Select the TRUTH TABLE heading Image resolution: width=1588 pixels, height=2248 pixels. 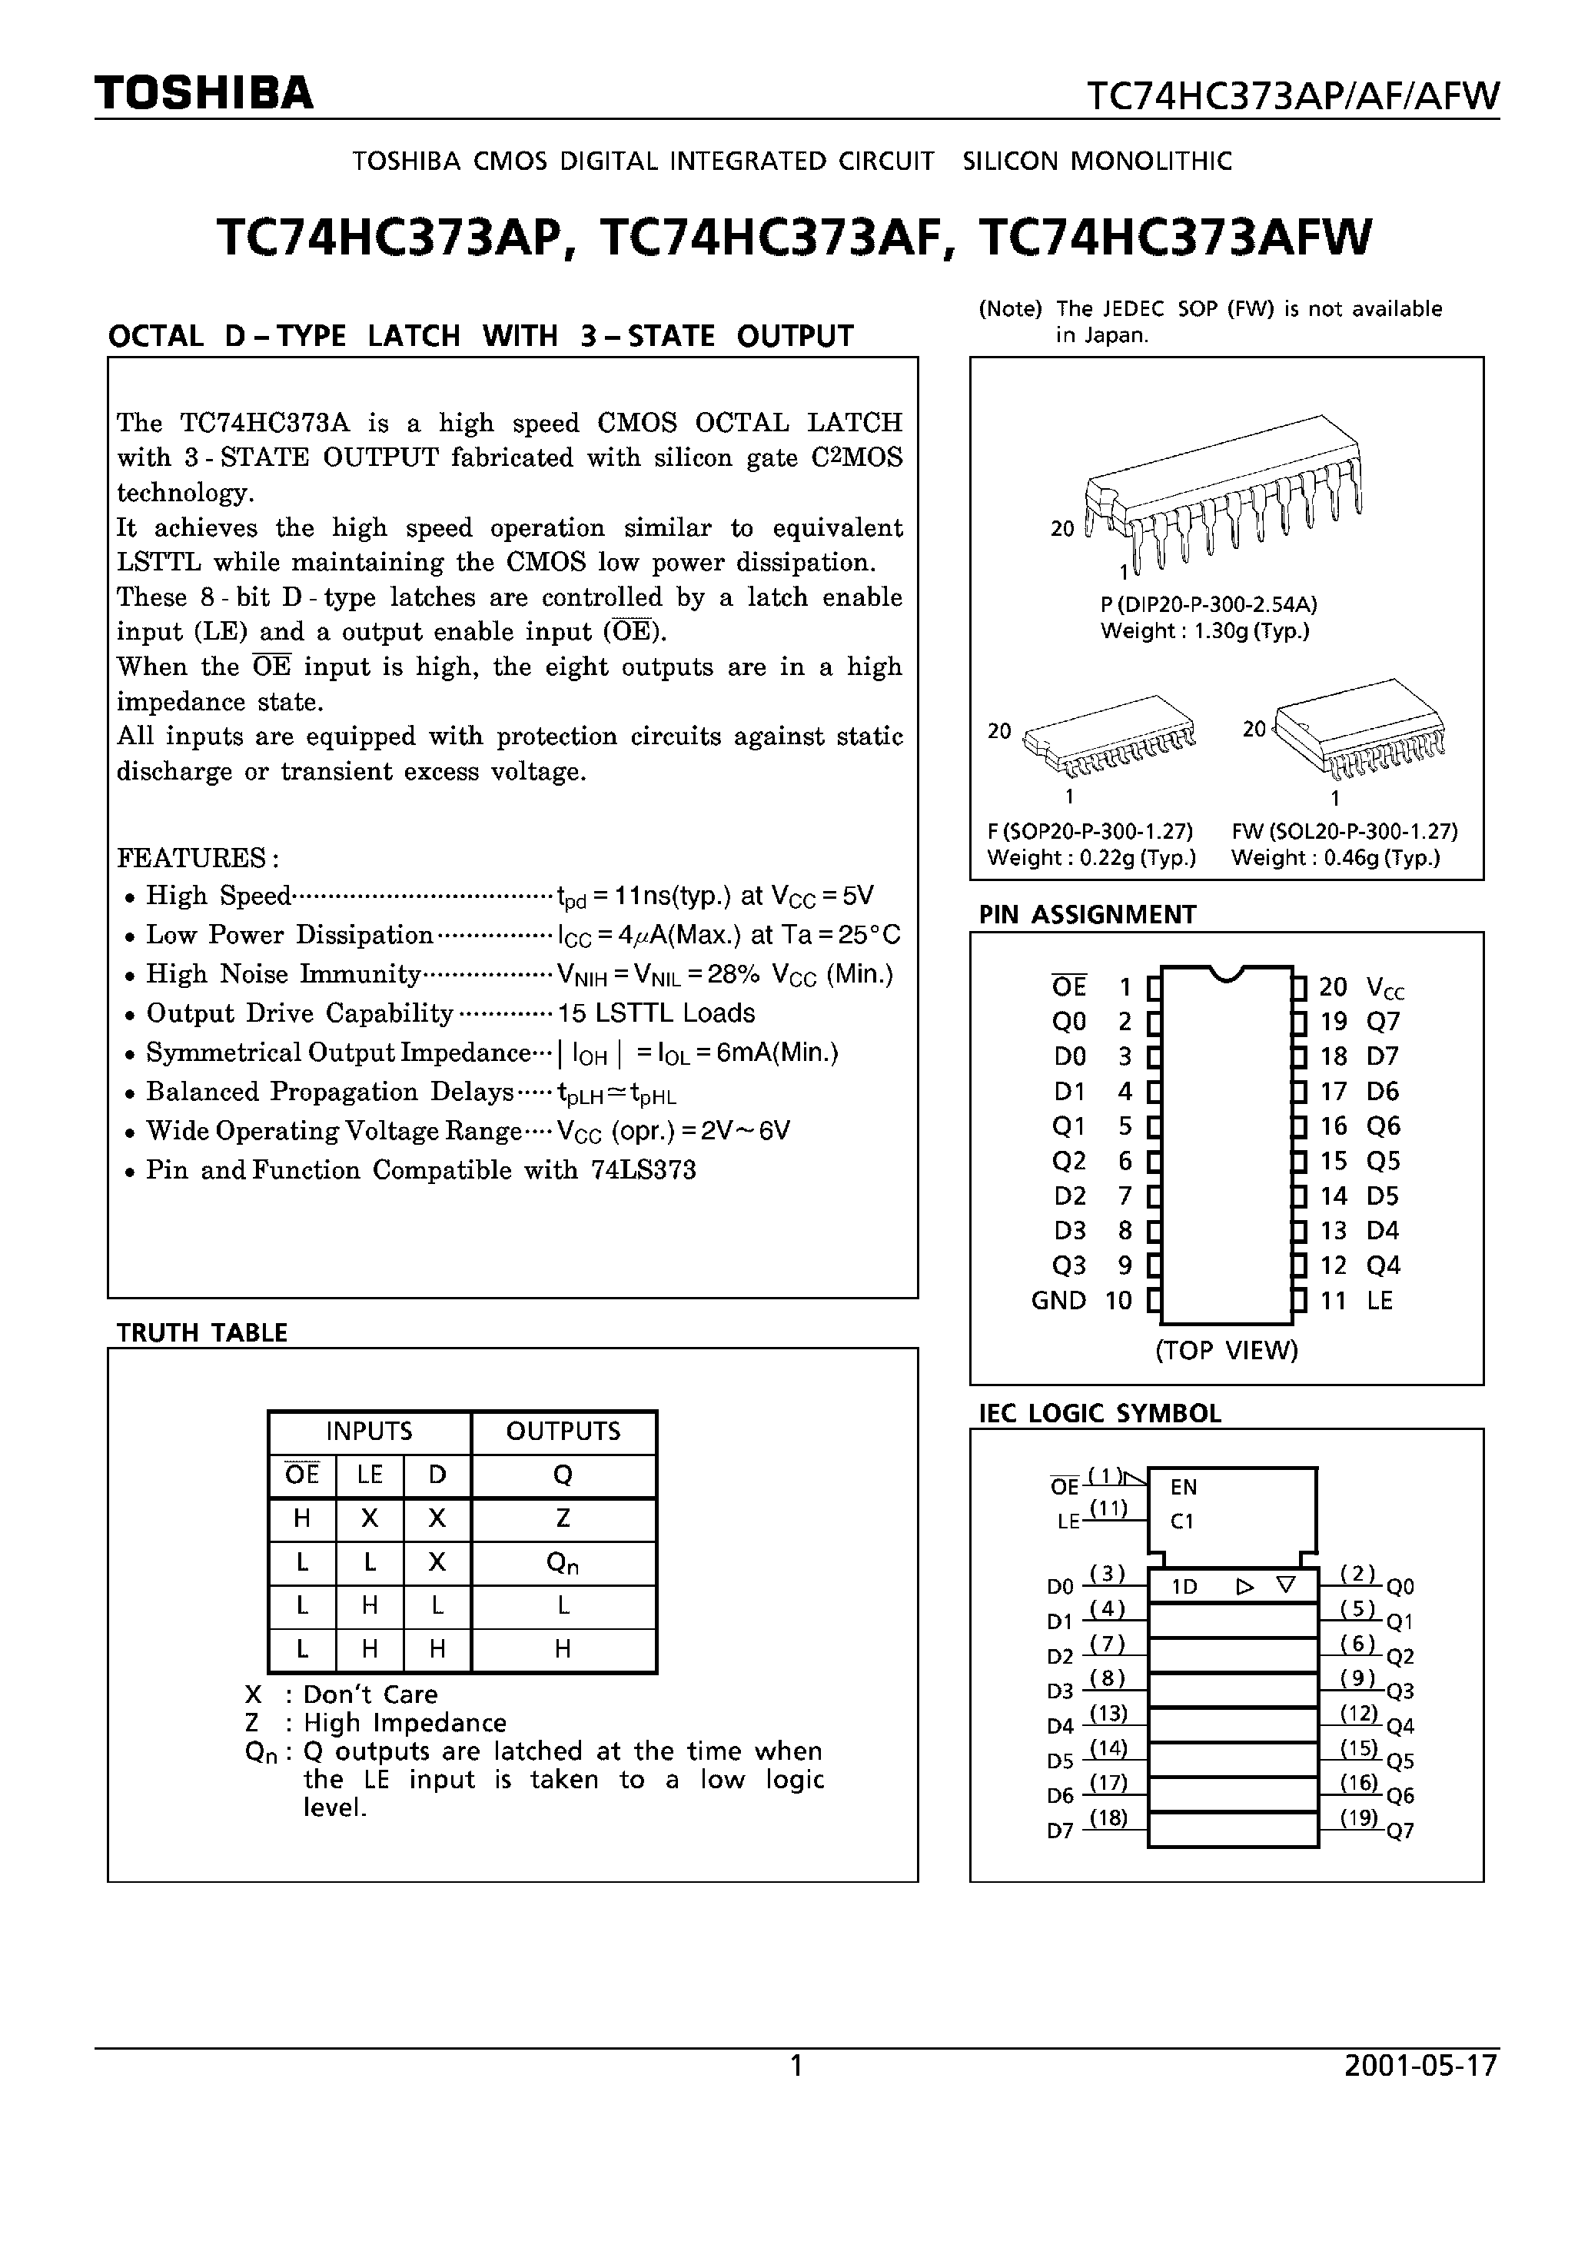click(x=201, y=1332)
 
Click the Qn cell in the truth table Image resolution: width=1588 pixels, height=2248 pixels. click(x=563, y=1565)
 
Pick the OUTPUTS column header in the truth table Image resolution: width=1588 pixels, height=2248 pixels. click(x=563, y=1432)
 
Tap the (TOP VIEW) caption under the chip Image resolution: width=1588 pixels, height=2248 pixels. click(x=1226, y=1350)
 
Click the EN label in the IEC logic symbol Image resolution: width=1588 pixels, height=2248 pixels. click(x=1184, y=1487)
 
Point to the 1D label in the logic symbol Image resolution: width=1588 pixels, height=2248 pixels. click(x=1184, y=1587)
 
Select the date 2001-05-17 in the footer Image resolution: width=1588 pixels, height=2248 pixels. click(x=1420, y=2065)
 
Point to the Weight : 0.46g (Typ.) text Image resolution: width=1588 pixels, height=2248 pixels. click(x=1335, y=858)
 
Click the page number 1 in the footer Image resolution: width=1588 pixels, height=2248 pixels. click(x=796, y=2065)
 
